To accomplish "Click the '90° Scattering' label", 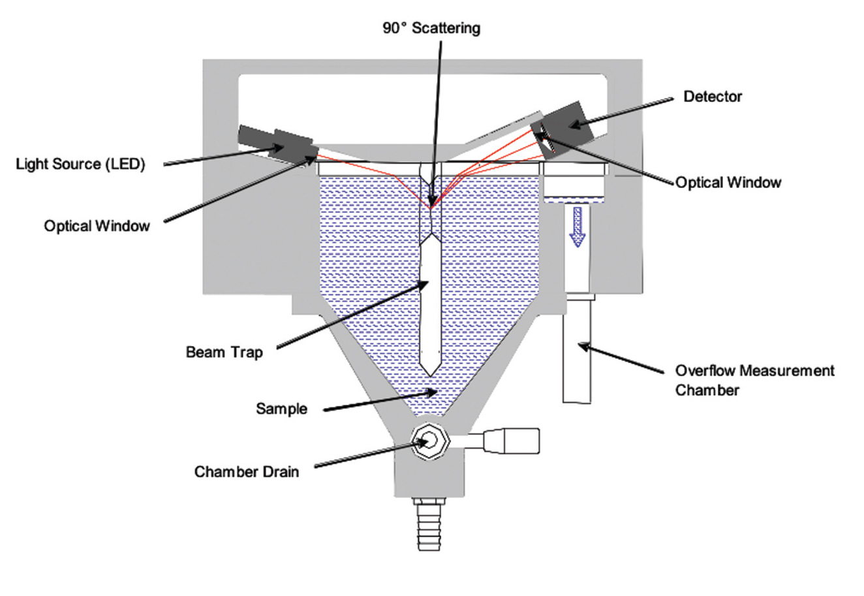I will point(431,29).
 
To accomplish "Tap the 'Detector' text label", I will point(713,97).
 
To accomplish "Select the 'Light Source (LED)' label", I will point(80,163).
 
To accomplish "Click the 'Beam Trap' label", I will point(224,353).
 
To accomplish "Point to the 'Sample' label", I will point(281,409).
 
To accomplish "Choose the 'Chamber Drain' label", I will point(247,471).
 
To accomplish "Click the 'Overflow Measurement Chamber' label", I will point(754,380).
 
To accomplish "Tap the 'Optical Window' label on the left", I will point(97,226).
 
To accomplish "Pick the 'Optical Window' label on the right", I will point(728,182).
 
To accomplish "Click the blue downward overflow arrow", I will point(576,225).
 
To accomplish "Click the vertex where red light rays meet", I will point(431,208).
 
